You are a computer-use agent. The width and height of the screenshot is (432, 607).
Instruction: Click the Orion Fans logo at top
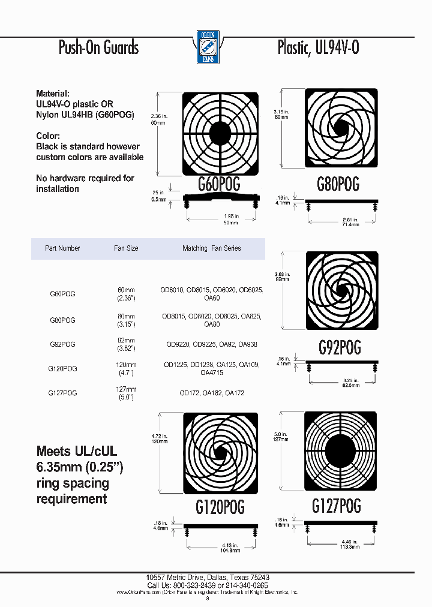pos(209,47)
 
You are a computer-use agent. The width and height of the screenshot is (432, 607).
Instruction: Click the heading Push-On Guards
pos(98,48)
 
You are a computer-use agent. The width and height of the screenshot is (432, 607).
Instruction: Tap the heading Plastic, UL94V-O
pos(318,48)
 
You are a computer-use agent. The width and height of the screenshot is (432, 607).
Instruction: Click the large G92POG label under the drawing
pos(339,347)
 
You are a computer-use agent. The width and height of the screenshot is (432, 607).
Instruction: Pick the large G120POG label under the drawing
pos(220,507)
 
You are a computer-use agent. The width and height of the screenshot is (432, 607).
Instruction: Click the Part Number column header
pos(62,248)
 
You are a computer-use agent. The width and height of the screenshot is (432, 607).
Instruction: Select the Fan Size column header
pos(126,248)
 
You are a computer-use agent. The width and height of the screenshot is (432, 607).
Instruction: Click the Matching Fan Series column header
pos(211,248)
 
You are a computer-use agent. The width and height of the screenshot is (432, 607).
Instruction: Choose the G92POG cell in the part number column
pos(62,344)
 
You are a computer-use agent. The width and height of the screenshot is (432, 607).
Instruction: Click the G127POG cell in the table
pos(62,393)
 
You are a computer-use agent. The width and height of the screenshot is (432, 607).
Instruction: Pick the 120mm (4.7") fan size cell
pos(126,368)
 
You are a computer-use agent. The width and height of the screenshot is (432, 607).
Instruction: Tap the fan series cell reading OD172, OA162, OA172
pos(212,393)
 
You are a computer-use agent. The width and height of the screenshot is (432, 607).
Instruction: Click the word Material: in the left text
pos(53,94)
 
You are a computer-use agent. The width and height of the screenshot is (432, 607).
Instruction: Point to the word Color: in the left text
pos(48,136)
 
